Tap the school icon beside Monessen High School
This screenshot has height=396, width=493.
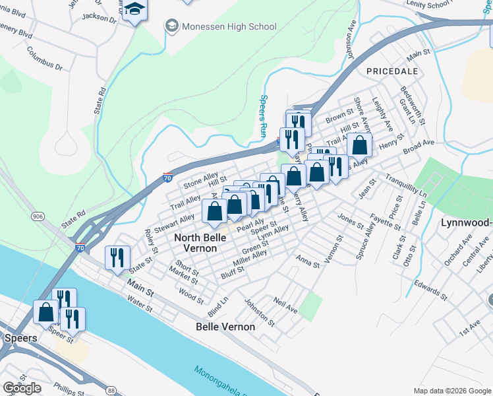click(x=172, y=26)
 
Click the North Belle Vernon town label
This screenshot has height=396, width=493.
click(x=195, y=242)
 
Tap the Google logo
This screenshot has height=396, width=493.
click(x=22, y=388)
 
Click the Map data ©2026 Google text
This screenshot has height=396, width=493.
click(x=453, y=391)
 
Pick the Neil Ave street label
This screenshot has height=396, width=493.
click(x=285, y=304)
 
